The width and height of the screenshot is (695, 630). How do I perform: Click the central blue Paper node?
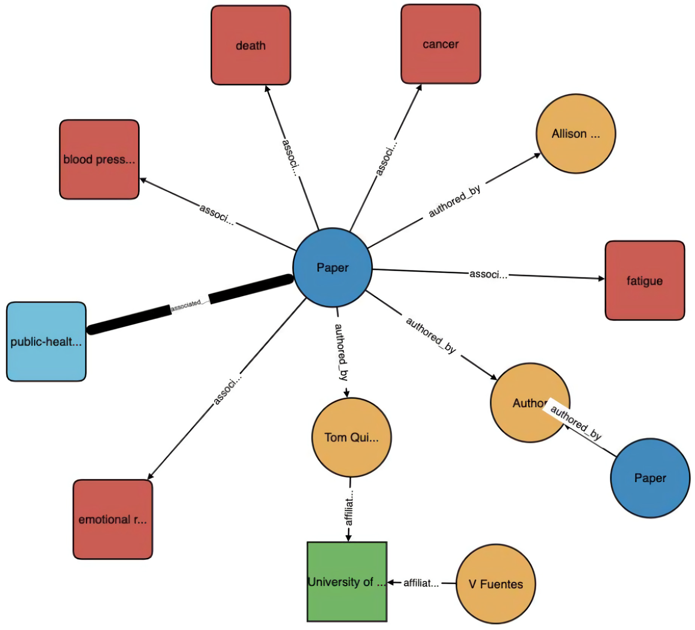point(332,268)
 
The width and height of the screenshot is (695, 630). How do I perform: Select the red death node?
point(251,45)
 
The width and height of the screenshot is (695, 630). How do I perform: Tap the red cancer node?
point(440,44)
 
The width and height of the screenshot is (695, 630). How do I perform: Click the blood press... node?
point(99,159)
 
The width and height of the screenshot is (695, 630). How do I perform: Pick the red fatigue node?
point(645,281)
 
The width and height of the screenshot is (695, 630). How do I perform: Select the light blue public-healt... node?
point(46,341)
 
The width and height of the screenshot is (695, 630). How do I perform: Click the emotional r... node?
point(113,519)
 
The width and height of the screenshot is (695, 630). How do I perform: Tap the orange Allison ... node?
point(576,134)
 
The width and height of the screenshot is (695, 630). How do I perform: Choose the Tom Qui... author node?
point(351,437)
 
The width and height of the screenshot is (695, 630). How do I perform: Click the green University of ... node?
point(347,582)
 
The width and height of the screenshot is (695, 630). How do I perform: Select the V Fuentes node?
point(496,584)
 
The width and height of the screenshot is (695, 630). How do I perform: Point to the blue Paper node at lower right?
point(650,478)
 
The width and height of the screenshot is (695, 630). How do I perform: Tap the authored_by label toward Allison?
point(454,201)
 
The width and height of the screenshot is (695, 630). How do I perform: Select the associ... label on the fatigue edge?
point(488,274)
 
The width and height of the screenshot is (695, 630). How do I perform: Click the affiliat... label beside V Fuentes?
point(421,583)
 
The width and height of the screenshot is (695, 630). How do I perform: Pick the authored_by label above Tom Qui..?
point(341,352)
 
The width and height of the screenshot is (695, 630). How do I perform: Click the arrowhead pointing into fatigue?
point(601,279)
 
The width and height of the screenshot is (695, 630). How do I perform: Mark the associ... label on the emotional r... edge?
point(227,389)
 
